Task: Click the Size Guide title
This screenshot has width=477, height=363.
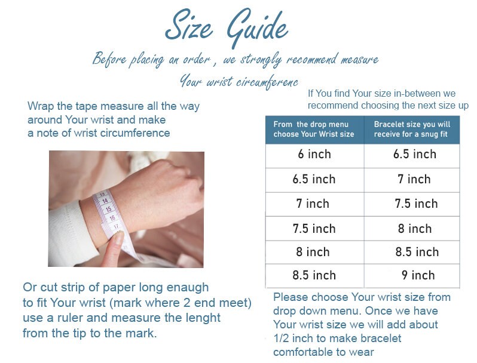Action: point(227,27)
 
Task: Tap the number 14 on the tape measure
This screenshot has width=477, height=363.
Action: point(105,201)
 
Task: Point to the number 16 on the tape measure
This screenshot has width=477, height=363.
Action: point(112,218)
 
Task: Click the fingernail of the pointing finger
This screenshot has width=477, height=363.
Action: point(119,237)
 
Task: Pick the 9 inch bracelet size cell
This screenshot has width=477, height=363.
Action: point(412,276)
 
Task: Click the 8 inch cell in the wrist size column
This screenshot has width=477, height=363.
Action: point(314,253)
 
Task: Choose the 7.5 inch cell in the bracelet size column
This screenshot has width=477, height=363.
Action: point(412,204)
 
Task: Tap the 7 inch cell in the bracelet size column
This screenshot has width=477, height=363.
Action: point(412,180)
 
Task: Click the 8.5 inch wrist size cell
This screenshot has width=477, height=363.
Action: point(314,276)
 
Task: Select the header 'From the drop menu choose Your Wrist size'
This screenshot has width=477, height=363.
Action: point(314,129)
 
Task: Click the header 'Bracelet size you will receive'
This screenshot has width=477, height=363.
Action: point(412,129)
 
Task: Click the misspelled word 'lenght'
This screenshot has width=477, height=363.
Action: point(202,318)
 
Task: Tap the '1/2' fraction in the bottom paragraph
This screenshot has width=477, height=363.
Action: point(282,338)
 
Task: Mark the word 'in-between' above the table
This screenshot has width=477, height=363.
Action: point(417,93)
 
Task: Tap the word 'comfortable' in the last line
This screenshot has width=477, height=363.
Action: point(303,352)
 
